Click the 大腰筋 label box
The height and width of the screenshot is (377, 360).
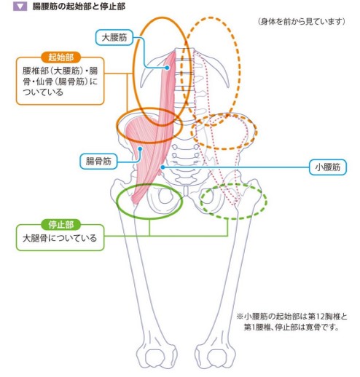[114, 38]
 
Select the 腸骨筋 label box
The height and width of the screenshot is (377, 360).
[98, 161]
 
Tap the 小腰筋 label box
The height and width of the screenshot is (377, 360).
[328, 167]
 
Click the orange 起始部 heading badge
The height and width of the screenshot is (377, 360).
[60, 57]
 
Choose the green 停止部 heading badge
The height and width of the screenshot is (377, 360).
[60, 225]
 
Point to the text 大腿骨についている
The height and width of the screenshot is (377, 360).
[60, 238]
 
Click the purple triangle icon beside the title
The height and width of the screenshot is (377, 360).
[20, 7]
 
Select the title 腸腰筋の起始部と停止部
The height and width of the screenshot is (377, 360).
[79, 7]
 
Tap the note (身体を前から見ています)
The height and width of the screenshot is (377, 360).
[302, 22]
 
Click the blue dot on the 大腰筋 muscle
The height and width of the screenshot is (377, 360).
[167, 68]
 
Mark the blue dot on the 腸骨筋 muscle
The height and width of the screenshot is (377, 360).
[140, 148]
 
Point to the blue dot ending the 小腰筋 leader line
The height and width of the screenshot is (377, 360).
[163, 167]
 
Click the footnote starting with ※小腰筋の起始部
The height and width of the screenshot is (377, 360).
[291, 322]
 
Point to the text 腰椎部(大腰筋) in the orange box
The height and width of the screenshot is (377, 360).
[52, 71]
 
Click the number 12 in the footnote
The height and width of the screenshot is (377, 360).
[319, 317]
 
